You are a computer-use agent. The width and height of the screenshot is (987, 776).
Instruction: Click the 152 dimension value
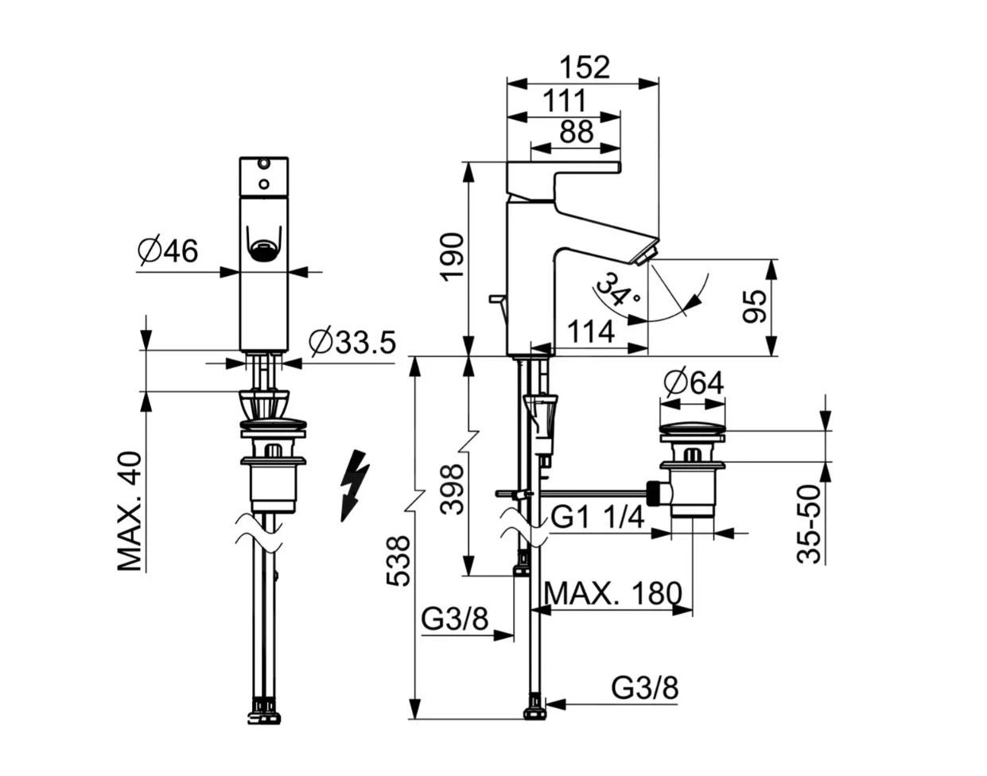coord(585,68)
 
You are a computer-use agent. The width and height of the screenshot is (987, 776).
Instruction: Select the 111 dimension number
coord(564,101)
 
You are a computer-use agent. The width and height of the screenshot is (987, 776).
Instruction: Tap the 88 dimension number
coord(577,132)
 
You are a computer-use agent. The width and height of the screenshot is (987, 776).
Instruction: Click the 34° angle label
coord(617,289)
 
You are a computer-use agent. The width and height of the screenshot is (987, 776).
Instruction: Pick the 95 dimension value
coord(755,307)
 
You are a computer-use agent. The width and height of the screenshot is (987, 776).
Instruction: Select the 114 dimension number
coord(591,332)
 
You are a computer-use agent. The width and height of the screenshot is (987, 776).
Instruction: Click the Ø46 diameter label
coord(168,251)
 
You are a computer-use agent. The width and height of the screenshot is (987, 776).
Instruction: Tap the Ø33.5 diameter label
coord(352,342)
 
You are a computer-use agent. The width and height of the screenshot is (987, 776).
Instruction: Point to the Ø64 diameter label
coord(694,383)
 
